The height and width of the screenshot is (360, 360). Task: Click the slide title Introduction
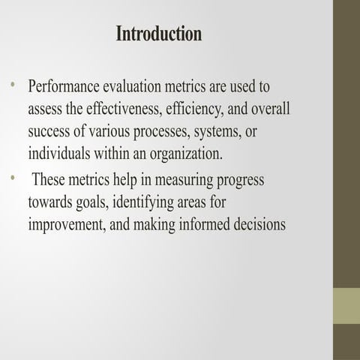click(x=159, y=34)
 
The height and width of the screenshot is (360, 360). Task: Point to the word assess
click(x=44, y=109)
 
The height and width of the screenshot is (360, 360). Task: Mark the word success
click(x=49, y=132)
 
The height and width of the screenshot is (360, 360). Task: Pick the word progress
click(x=237, y=181)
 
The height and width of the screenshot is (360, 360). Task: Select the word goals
click(x=95, y=203)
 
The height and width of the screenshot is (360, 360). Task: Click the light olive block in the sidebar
click(x=346, y=305)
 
